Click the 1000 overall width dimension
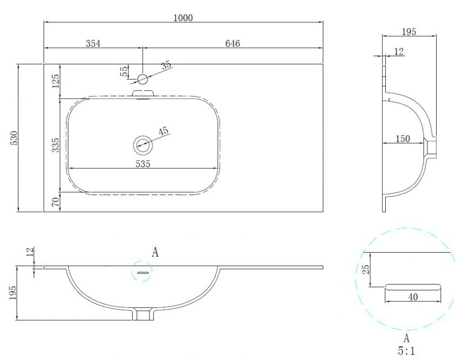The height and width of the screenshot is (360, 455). [183, 18]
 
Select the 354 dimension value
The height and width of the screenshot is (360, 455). [93, 44]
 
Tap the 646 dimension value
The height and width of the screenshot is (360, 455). [232, 44]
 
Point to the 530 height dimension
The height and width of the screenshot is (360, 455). [14, 138]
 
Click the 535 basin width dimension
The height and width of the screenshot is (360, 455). [143, 164]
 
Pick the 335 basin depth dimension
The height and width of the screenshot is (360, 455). [56, 145]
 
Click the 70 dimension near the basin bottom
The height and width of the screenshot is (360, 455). [56, 201]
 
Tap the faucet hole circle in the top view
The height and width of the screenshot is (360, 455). [142, 79]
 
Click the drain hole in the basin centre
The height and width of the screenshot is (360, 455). [143, 144]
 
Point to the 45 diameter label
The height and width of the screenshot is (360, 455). [163, 131]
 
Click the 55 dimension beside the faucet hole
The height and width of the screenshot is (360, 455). [124, 72]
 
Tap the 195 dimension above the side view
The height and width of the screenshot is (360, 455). [409, 31]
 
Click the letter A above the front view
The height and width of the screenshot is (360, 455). [155, 252]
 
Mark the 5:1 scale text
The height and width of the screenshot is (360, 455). [406, 349]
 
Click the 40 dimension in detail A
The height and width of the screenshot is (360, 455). [413, 297]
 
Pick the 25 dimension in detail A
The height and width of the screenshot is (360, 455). [366, 269]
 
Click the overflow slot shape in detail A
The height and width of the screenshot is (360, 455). [413, 286]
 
